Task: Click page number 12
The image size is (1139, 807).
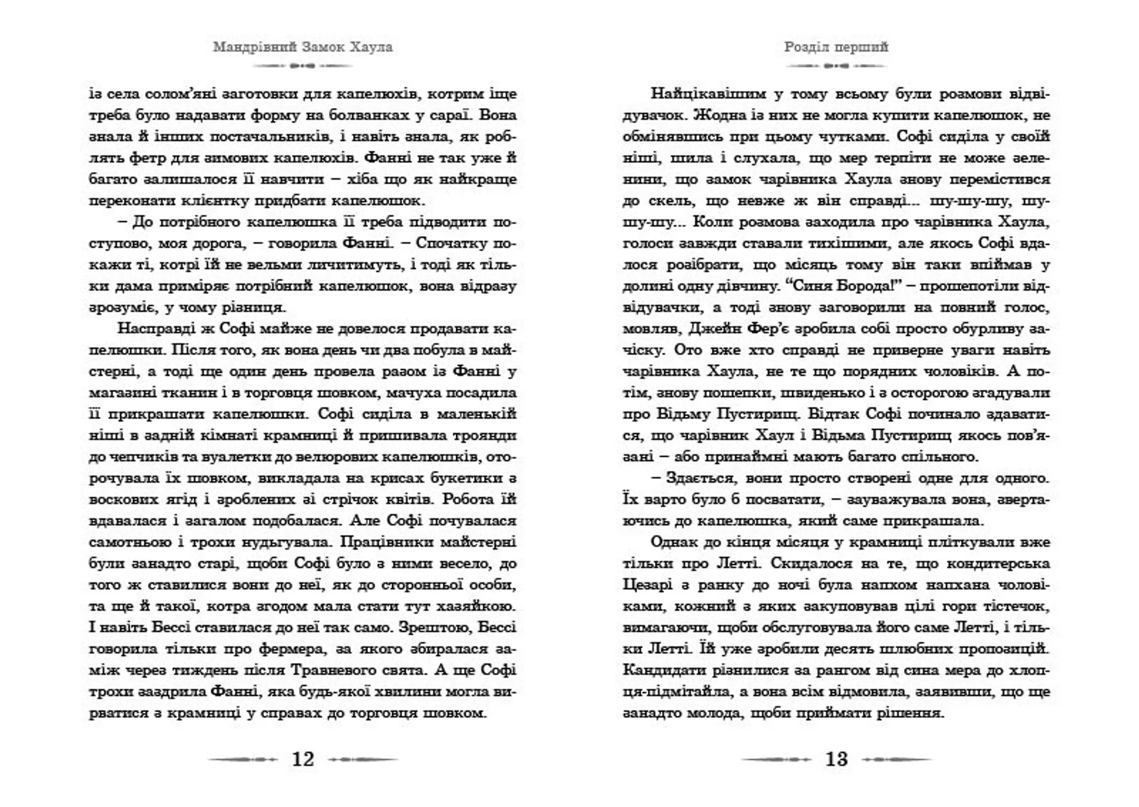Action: click(x=303, y=759)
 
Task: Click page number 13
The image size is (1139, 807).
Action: click(x=836, y=759)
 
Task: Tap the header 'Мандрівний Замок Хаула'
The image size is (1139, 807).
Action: click(x=303, y=47)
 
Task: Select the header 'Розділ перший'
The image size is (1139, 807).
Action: click(x=836, y=47)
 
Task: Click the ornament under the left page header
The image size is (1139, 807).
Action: click(x=303, y=66)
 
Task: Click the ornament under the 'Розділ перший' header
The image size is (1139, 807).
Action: click(x=836, y=66)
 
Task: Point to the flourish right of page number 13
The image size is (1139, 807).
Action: click(x=897, y=759)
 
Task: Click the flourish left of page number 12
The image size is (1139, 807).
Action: click(x=242, y=759)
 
